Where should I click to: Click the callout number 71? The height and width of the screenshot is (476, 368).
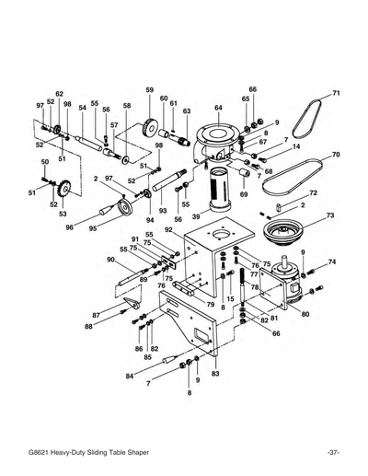[336, 93]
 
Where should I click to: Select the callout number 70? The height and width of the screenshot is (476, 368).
[336, 155]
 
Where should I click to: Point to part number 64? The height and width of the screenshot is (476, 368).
[219, 108]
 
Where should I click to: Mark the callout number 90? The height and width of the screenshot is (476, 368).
[109, 260]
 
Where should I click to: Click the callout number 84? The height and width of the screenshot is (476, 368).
[130, 377]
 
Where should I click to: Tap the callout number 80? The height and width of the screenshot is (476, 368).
[305, 313]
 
